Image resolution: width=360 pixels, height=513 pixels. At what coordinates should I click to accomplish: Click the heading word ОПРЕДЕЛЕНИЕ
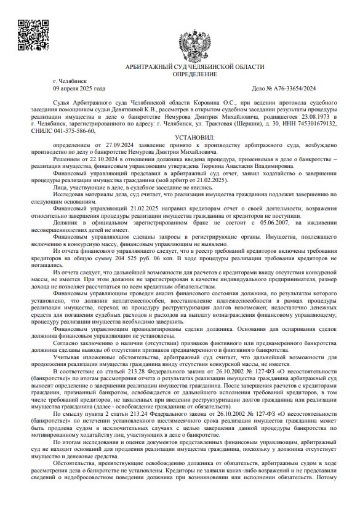point(194,74)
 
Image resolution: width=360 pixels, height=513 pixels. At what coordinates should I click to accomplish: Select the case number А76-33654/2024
point(302,89)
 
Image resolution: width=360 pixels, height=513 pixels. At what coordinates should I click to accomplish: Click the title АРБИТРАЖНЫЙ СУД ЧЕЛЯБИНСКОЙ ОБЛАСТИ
point(194,66)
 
